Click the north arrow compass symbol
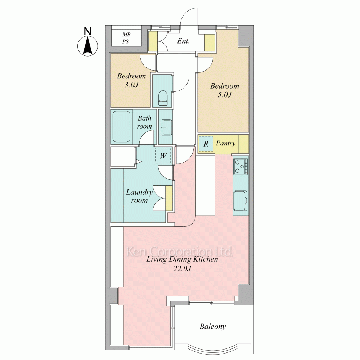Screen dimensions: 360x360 (87, 46)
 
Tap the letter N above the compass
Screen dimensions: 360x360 (87, 31)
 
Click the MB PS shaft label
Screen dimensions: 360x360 (126, 38)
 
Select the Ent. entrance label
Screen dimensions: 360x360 (183, 41)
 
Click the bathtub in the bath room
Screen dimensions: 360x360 (121, 127)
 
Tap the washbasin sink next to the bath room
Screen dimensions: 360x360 (166, 127)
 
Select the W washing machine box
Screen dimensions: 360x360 (163, 156)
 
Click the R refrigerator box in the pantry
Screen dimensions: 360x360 (206, 144)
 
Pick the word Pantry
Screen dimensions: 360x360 (226, 144)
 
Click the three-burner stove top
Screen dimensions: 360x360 (240, 166)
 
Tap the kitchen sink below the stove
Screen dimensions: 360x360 (240, 201)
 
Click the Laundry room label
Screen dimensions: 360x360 (139, 196)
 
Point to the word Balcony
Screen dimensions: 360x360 (213, 327)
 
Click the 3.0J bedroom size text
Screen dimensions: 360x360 (131, 85)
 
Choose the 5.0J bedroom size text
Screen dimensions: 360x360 (225, 94)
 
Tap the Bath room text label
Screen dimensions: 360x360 (144, 122)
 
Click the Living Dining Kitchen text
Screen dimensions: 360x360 (182, 260)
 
